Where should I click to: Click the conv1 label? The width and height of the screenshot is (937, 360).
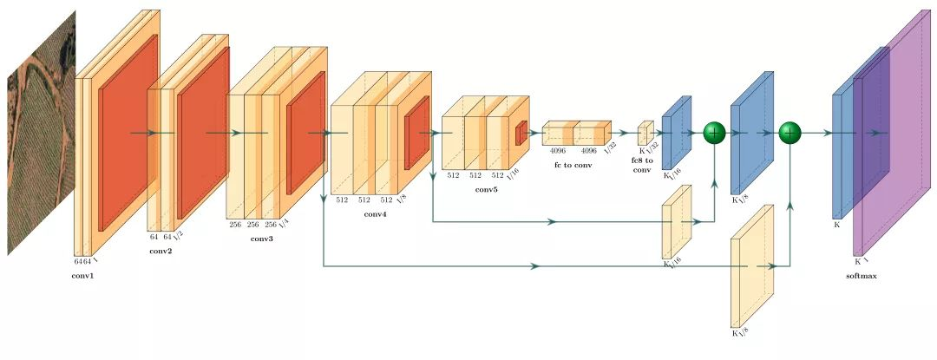83,276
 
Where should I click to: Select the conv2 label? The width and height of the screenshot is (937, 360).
160,252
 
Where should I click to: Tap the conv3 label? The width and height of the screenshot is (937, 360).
261,238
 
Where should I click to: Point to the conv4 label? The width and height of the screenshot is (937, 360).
375,214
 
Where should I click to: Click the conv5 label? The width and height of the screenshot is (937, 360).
486,189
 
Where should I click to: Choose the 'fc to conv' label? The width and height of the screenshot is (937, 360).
573,165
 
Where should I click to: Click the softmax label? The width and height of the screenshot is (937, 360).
862,276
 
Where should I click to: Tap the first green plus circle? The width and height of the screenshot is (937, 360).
714,133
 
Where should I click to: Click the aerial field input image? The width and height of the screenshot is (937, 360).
40,130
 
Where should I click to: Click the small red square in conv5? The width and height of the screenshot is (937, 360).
521,134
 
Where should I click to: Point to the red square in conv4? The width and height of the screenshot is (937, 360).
416,133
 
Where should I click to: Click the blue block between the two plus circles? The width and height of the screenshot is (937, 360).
751,133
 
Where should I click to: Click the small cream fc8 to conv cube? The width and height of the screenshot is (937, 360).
645,134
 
